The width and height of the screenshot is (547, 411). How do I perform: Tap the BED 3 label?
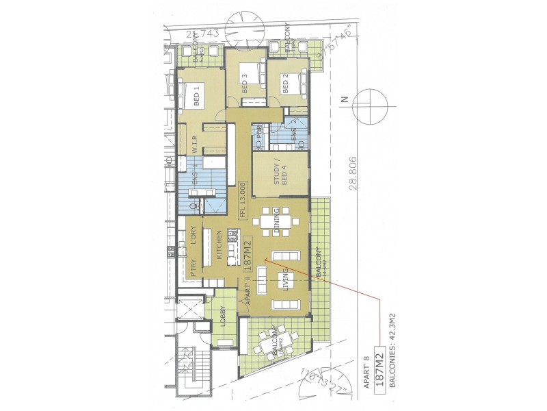(244, 86)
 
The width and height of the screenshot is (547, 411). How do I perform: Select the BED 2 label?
(285, 85)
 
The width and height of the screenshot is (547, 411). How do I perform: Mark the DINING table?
(276, 223)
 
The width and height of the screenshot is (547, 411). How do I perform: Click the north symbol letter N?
(346, 99)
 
